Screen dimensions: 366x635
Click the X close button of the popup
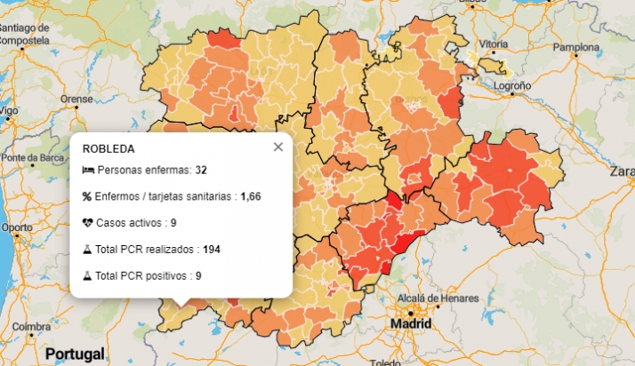278,147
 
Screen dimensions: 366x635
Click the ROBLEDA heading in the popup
109,148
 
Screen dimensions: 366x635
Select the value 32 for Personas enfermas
201,170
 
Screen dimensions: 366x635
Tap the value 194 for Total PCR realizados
212,249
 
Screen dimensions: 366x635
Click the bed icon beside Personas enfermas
87,170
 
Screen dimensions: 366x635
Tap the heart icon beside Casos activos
87,222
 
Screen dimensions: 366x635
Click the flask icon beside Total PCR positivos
87,275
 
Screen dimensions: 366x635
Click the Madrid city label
410,324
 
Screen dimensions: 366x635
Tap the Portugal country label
75,353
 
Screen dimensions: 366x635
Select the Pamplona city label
576,46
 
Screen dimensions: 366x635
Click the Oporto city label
16,227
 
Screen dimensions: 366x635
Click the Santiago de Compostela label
24,34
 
